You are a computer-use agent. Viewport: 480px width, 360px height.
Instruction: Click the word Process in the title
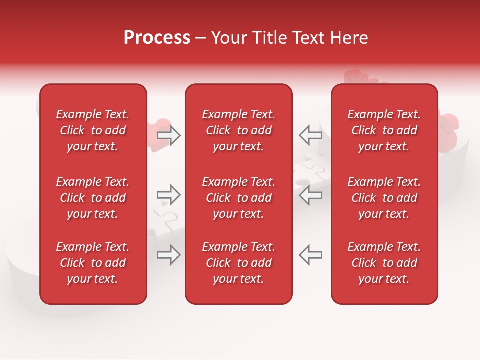coord(157,38)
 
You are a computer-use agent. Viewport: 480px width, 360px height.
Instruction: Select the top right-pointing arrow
coord(169,135)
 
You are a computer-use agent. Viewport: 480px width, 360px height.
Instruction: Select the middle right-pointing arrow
coord(169,195)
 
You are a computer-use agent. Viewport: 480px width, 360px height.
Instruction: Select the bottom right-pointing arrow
coord(169,255)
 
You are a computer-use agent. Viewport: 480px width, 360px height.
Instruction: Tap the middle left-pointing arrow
coord(311,195)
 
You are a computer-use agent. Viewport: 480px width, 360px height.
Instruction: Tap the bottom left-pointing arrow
coord(311,255)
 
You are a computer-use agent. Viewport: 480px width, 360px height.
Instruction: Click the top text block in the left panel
coord(93,130)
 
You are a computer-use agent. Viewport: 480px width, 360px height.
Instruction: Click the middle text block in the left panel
coord(93,198)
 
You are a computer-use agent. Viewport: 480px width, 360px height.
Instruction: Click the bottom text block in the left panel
coord(93,263)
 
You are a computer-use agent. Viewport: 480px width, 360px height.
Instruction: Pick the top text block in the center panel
coord(238,130)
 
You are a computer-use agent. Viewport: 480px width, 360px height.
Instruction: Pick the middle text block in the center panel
coord(238,198)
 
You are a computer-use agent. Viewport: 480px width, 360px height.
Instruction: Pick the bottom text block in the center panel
coord(238,263)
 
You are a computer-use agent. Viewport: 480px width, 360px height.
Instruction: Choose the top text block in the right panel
coord(384,130)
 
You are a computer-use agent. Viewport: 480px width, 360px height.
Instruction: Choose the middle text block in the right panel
coord(384,198)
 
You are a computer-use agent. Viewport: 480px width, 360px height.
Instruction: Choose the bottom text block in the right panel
coord(384,263)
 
